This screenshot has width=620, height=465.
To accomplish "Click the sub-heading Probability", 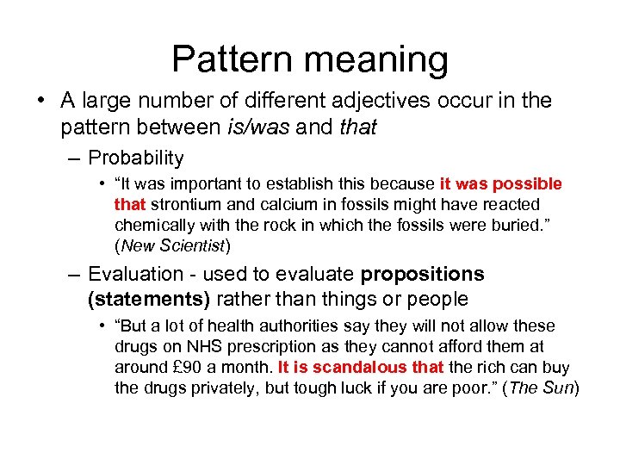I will click(x=136, y=158).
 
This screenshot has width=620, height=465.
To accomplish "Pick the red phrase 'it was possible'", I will click(x=500, y=183).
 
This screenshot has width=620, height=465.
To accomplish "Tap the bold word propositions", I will click(x=422, y=275).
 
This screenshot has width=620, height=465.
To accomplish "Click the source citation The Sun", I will click(x=542, y=387).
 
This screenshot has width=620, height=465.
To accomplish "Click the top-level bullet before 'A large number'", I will click(x=42, y=101).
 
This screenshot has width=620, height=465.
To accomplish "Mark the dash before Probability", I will click(x=76, y=158).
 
